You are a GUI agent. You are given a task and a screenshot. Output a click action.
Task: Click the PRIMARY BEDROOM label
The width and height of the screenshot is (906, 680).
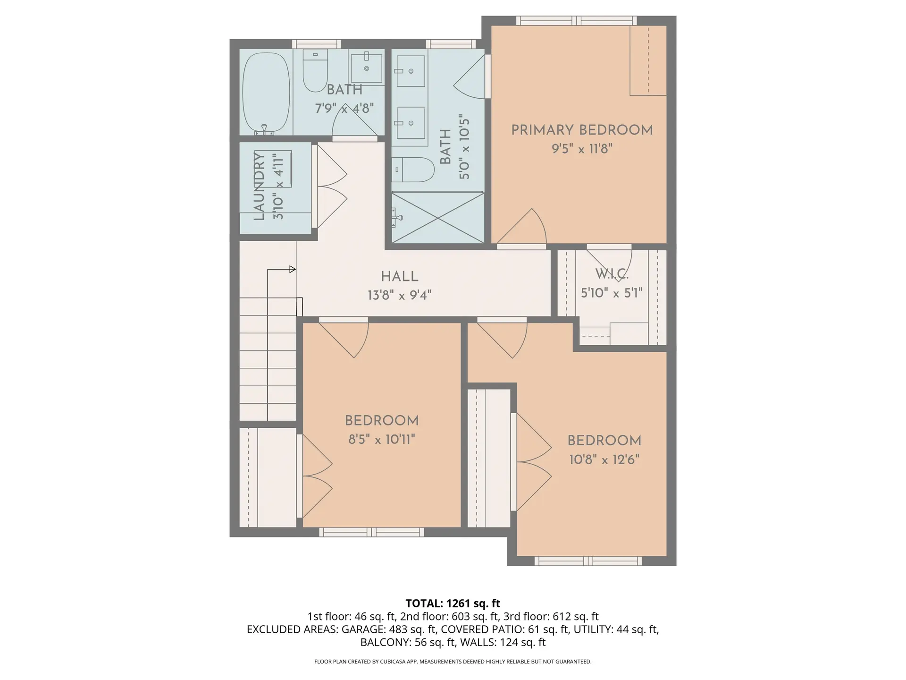(x=582, y=130)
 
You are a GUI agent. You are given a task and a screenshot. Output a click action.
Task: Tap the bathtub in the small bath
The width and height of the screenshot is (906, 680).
(x=266, y=93)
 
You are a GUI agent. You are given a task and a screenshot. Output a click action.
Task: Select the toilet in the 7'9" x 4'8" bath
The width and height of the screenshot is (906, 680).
(x=315, y=72)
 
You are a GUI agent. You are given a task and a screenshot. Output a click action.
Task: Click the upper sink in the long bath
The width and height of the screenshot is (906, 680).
(x=410, y=71)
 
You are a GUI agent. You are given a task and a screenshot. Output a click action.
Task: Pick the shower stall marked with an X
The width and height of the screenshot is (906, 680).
(x=437, y=218)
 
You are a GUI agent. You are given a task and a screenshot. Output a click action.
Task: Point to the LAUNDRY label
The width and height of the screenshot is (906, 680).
(x=259, y=186)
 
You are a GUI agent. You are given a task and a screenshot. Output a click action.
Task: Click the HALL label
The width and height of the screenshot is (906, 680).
(x=400, y=277)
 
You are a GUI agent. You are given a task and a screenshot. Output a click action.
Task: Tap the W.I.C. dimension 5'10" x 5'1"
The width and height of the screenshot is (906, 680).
(x=612, y=293)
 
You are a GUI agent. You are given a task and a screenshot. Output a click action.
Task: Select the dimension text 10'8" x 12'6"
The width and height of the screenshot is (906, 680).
(x=604, y=459)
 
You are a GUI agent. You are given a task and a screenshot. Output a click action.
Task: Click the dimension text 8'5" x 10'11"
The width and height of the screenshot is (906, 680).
(x=382, y=440)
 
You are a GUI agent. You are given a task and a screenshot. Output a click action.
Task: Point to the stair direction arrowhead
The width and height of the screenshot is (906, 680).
(x=293, y=269)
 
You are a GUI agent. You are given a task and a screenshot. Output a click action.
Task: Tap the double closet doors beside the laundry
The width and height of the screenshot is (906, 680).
(x=331, y=187)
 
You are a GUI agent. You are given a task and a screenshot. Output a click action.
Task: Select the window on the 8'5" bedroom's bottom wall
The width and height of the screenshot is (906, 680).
(x=371, y=532)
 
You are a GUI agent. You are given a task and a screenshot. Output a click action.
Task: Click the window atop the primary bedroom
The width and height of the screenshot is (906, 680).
(x=576, y=21)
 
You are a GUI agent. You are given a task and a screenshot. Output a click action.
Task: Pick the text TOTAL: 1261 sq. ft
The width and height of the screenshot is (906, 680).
(x=453, y=603)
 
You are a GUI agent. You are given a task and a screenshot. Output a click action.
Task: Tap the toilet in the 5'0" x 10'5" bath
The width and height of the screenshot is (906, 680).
(x=413, y=170)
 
